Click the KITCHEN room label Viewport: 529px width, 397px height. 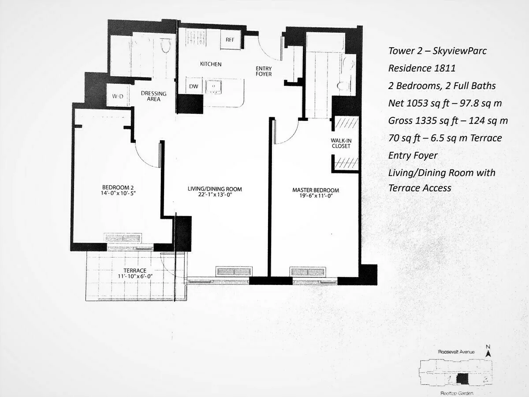coord(211,64)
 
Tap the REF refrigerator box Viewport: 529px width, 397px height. coord(230,40)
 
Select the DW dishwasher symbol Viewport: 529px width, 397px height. coord(194,86)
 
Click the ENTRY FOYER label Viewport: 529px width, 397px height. coord(264,71)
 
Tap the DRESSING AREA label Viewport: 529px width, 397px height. coord(153,96)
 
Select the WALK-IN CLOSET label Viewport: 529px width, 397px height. coord(341,143)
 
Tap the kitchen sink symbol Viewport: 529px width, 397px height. coord(214,86)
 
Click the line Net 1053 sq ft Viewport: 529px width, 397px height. coord(444,103)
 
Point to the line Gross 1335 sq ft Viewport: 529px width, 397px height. coord(448,120)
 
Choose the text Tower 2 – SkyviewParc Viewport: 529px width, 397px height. coord(437,51)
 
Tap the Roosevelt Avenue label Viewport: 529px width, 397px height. coord(456,352)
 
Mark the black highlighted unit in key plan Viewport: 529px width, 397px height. coord(462,379)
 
